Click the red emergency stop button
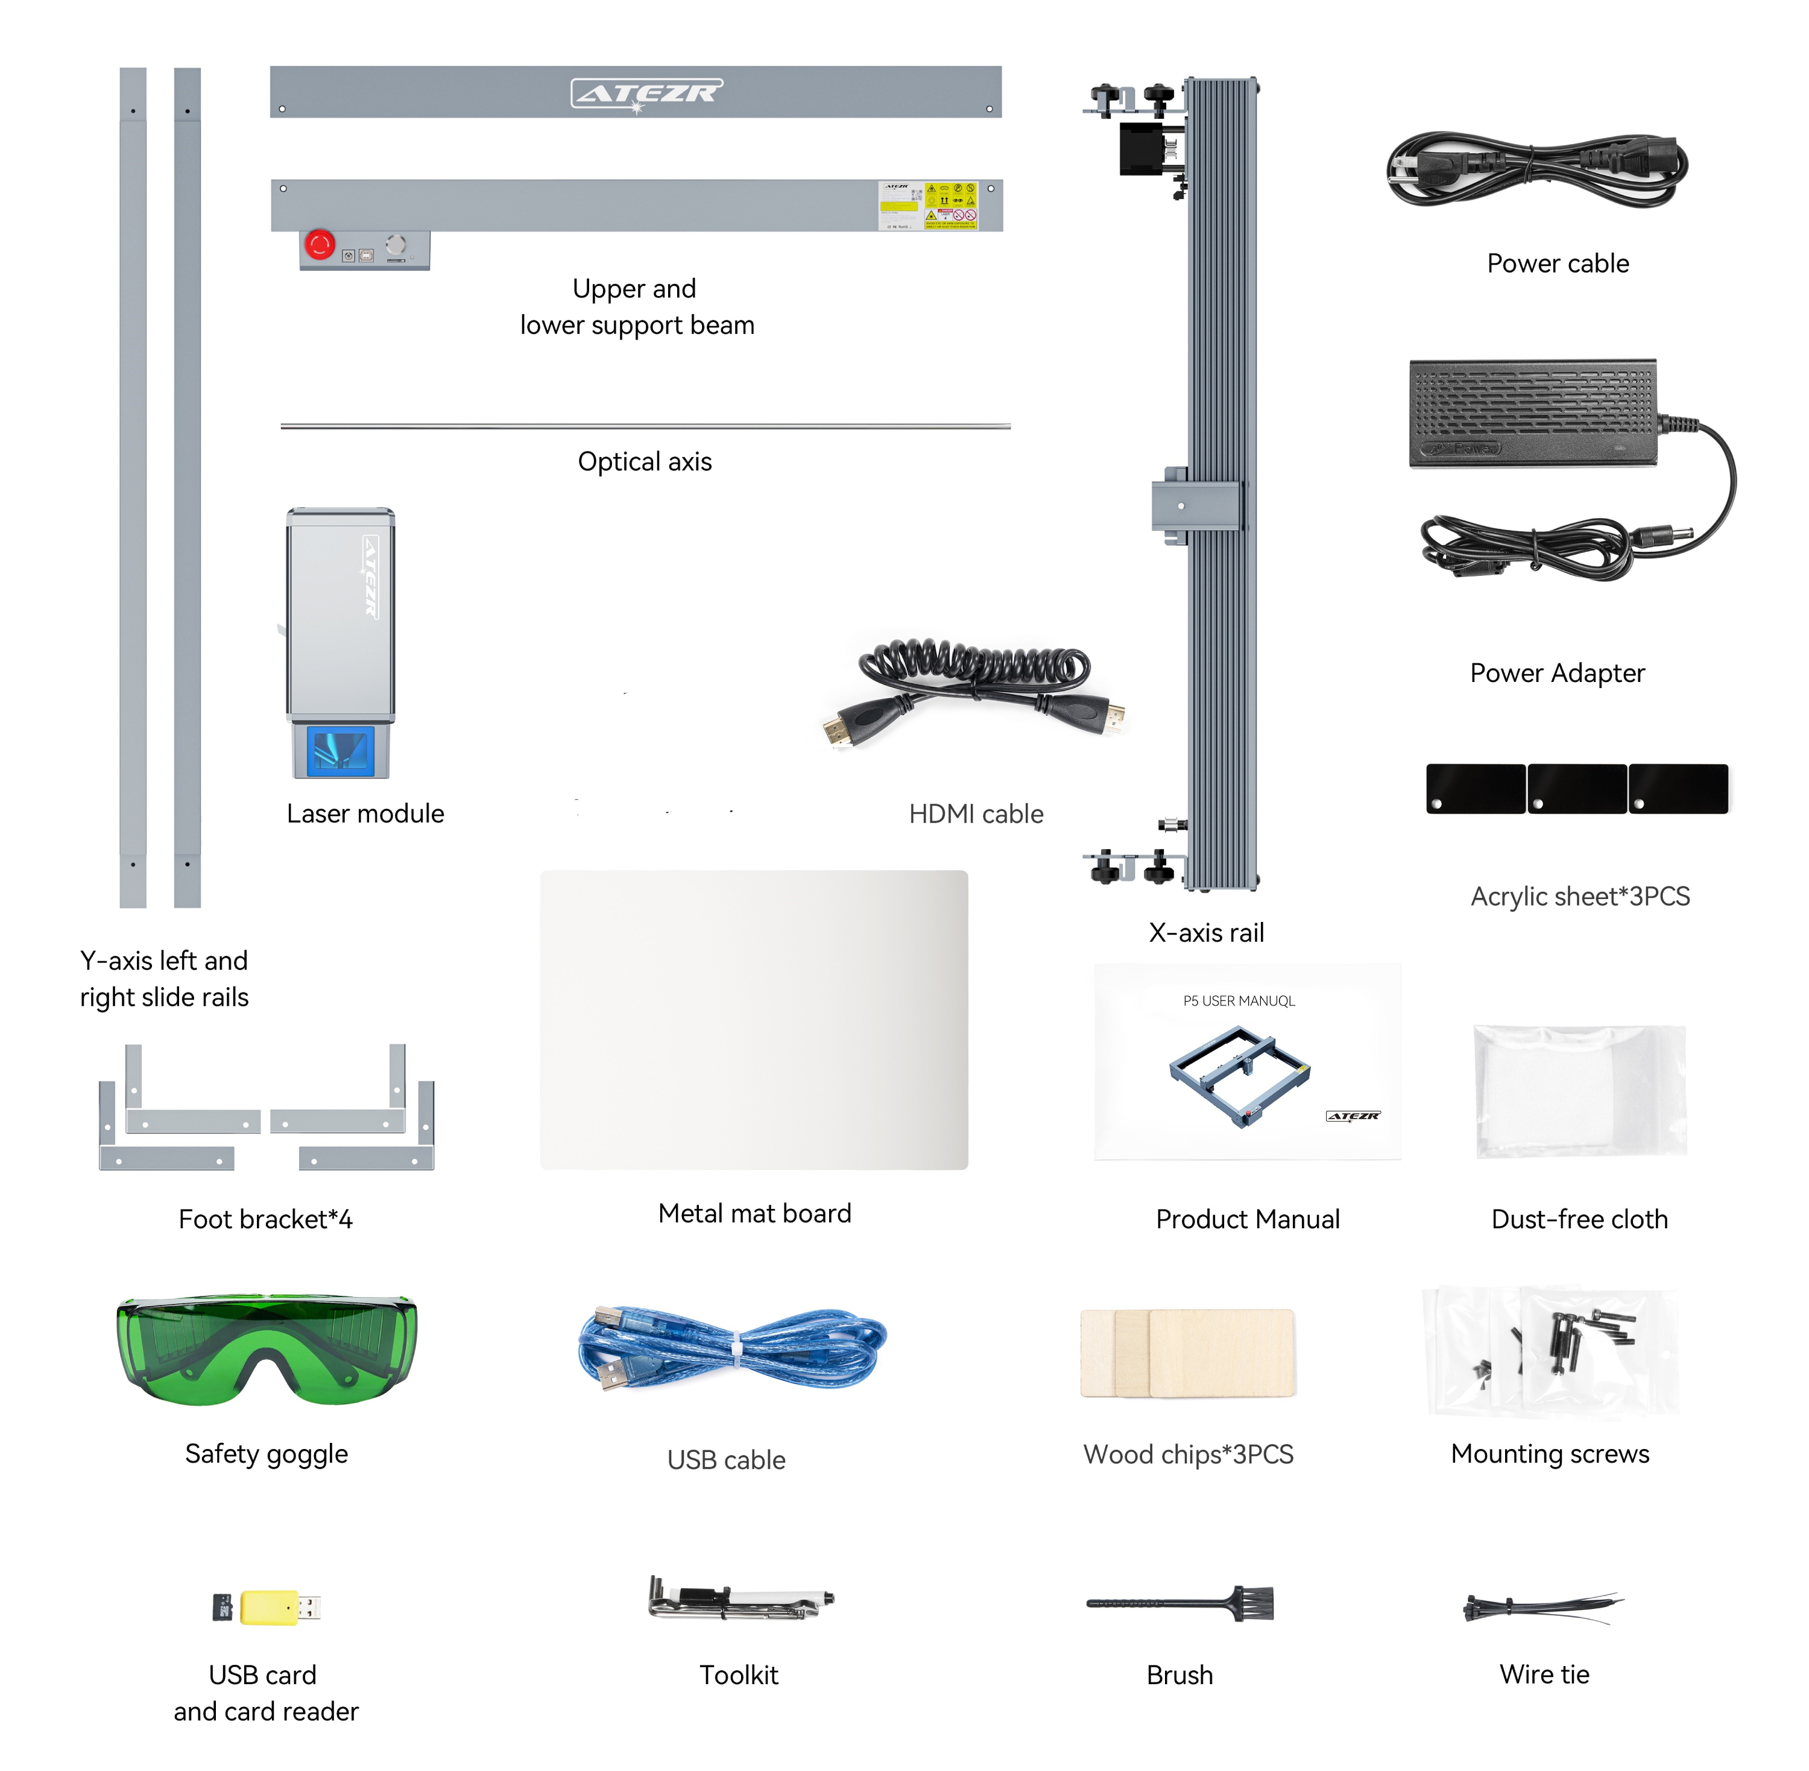(319, 245)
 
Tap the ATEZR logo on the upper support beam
(645, 92)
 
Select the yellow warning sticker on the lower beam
(950, 204)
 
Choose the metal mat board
(753, 1020)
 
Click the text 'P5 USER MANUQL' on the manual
(1238, 1001)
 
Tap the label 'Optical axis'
(645, 461)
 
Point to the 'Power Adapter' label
(1557, 672)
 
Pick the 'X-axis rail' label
(1207, 932)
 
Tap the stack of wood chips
(1188, 1353)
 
